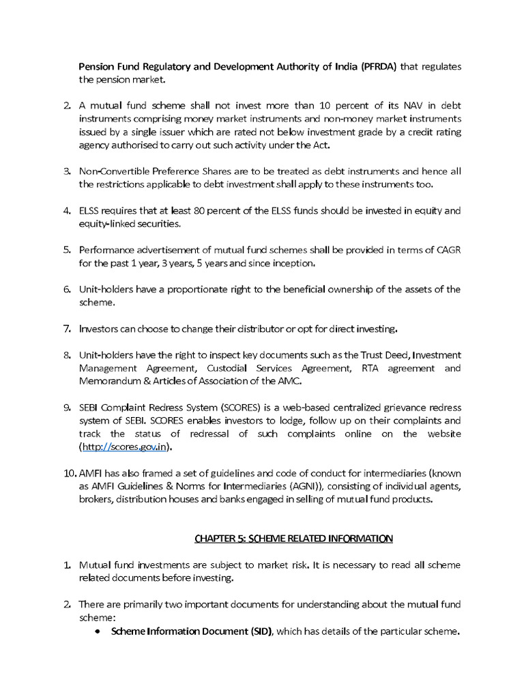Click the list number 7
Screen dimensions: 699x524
pos(68,329)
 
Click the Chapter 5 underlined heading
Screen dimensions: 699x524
pos(293,539)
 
